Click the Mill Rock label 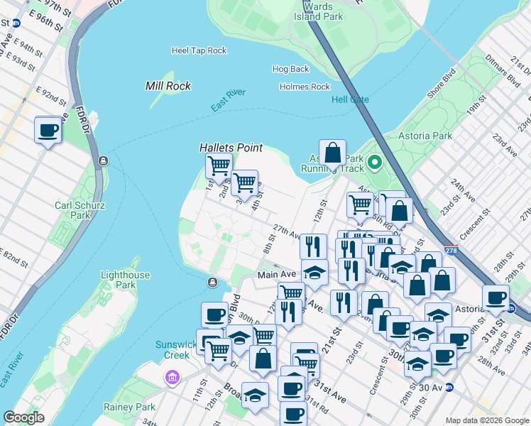tap(168, 86)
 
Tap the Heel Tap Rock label tap(199, 50)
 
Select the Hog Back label tap(290, 69)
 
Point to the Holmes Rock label tap(305, 87)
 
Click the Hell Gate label tap(350, 99)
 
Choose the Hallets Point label tap(231, 148)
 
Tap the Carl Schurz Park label tap(73, 209)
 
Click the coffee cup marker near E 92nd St tap(48, 130)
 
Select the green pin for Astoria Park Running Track tap(374, 163)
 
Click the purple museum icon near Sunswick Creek tap(171, 377)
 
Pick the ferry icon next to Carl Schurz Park tap(104, 160)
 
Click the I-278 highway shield tap(450, 251)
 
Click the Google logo tap(23, 417)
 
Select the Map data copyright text tap(486, 420)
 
